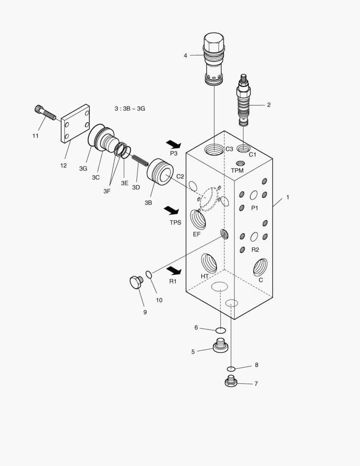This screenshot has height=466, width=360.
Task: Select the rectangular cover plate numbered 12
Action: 75,124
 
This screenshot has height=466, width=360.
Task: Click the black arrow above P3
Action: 174,145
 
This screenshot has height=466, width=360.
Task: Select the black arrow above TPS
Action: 171,210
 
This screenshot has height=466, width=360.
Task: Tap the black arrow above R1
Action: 174,270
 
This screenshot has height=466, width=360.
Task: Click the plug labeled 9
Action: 137,283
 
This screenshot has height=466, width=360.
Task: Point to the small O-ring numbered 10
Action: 149,275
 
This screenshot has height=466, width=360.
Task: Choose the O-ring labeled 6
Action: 220,331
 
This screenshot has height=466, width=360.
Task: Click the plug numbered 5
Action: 221,346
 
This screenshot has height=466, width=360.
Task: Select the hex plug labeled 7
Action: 232,381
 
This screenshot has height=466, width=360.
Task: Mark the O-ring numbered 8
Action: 232,368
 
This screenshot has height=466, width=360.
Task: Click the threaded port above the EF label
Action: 198,219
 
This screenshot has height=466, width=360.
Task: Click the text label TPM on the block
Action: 237,170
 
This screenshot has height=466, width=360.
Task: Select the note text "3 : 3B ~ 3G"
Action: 130,109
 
